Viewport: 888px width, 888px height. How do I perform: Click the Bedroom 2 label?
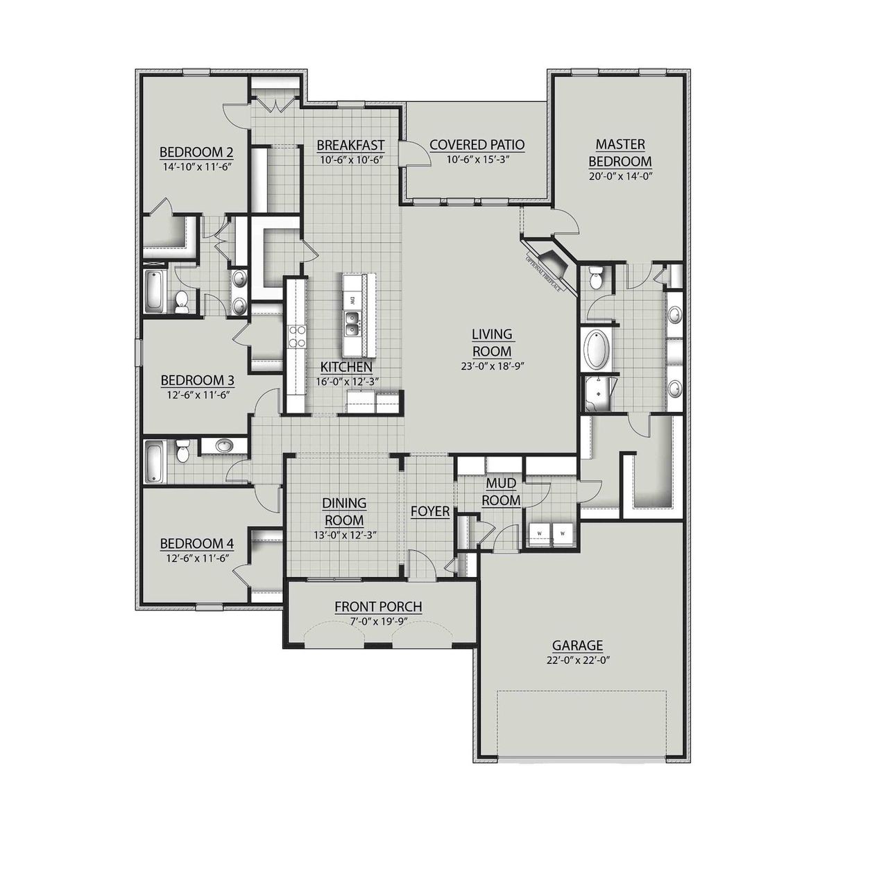point(196,153)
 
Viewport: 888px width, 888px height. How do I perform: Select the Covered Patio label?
point(477,145)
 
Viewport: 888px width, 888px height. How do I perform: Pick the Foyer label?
point(430,512)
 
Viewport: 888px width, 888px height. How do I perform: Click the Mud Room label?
point(502,491)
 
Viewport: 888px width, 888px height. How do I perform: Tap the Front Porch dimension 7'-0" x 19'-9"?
point(378,622)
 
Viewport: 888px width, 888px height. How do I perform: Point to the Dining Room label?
point(344,511)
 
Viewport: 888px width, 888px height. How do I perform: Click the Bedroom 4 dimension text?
point(196,557)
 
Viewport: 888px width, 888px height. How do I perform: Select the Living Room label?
point(491,343)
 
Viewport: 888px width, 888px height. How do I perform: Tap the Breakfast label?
point(350,145)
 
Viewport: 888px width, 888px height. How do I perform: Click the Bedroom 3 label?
point(197,381)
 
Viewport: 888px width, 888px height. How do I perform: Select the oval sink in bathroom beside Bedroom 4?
point(225,445)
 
